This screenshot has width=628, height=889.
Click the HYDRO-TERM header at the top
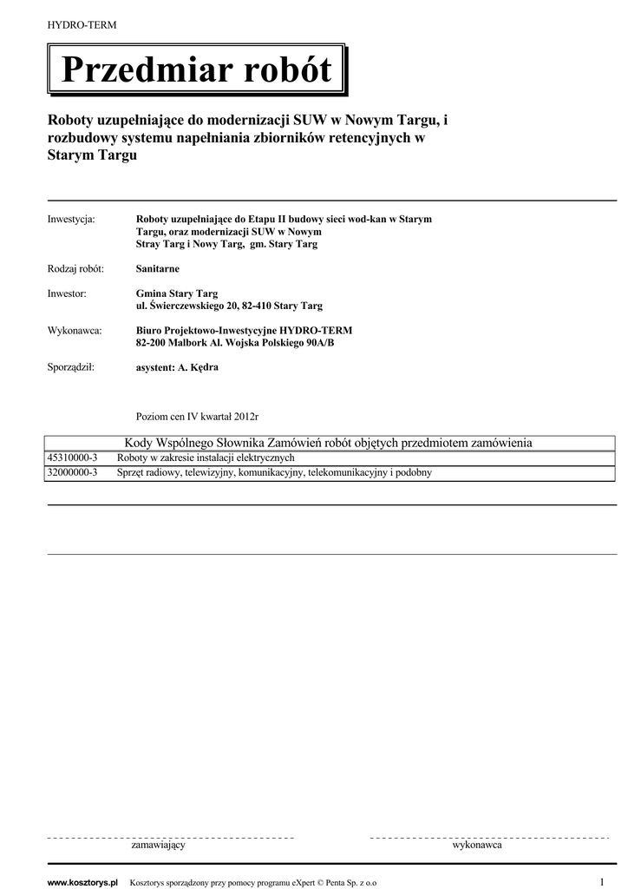pos(82,25)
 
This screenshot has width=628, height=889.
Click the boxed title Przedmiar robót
pos(196,69)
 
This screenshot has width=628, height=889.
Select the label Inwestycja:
pos(71,220)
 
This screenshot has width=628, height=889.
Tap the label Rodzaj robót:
pos(75,269)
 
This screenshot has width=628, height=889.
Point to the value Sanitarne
pos(158,269)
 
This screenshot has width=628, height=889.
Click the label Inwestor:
pos(67,294)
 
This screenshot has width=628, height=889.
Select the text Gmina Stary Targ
pos(177,294)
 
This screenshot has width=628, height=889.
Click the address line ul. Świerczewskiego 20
pos(229,306)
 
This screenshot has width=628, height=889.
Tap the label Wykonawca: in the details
pos(75,331)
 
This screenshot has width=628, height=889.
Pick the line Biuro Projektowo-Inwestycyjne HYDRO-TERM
pos(245,331)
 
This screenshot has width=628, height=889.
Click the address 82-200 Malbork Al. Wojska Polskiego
pos(235,343)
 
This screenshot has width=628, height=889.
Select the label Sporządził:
pos(70,367)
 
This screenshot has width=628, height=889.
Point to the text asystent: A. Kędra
pos(178,367)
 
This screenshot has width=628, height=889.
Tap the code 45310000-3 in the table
pos(72,458)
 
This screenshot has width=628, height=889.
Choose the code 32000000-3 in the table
pos(72,473)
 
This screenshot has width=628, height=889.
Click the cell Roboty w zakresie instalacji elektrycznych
pos(206,458)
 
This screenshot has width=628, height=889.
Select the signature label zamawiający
pos(158,845)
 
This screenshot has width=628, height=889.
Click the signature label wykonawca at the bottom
pos(477,845)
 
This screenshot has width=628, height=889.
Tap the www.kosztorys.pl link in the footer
pos(82,883)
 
